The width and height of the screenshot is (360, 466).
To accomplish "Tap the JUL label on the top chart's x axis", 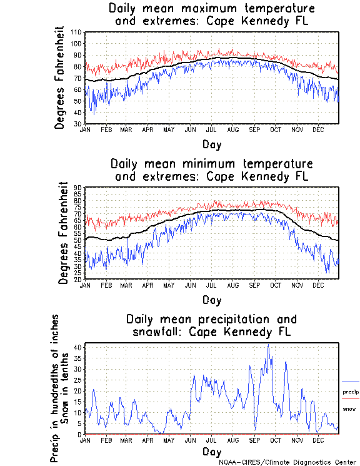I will click(211, 129).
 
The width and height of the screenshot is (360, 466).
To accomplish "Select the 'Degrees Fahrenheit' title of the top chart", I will click(60, 78).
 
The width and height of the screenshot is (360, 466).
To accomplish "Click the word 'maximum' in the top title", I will click(208, 9).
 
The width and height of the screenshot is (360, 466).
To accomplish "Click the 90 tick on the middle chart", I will click(78, 188).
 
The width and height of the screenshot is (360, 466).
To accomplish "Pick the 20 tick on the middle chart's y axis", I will click(78, 279).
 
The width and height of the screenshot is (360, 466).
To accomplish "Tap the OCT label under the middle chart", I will click(275, 285).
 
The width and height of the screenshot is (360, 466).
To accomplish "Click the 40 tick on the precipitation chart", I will click(78, 347).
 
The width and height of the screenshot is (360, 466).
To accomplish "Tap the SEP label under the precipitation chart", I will click(254, 440).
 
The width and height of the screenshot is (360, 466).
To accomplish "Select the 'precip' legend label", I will click(351, 392).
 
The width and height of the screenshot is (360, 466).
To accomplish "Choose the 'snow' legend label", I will click(349, 408).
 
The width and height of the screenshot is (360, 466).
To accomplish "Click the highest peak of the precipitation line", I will click(268, 345).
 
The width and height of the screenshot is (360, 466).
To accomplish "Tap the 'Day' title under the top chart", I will click(211, 144).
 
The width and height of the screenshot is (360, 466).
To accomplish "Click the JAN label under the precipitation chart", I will click(86, 440).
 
